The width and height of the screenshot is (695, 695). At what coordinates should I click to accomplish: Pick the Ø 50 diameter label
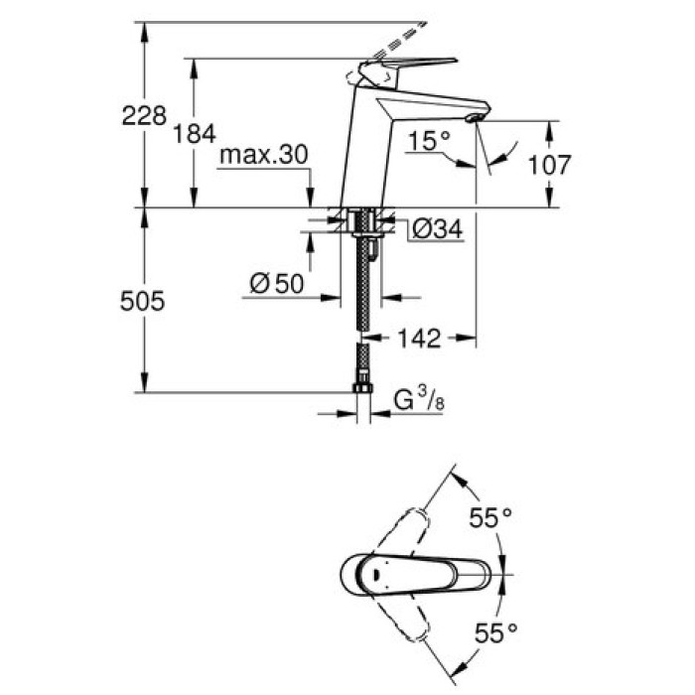(276, 284)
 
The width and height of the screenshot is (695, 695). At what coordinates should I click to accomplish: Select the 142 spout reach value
(418, 340)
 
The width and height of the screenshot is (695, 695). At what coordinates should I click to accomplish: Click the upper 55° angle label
(489, 516)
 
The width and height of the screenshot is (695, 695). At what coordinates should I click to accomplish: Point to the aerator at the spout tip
(474, 120)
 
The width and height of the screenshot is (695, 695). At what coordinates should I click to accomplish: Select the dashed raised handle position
(397, 38)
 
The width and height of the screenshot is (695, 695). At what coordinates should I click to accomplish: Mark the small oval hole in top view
(376, 573)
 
